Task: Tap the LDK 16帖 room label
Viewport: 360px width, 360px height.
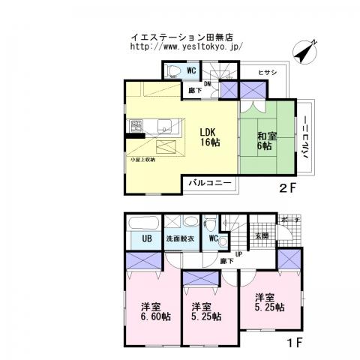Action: [208, 137]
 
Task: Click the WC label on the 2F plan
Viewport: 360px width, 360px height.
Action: [193, 70]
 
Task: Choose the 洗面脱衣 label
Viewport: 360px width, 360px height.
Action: [180, 239]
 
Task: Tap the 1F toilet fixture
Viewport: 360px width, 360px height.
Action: [212, 223]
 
